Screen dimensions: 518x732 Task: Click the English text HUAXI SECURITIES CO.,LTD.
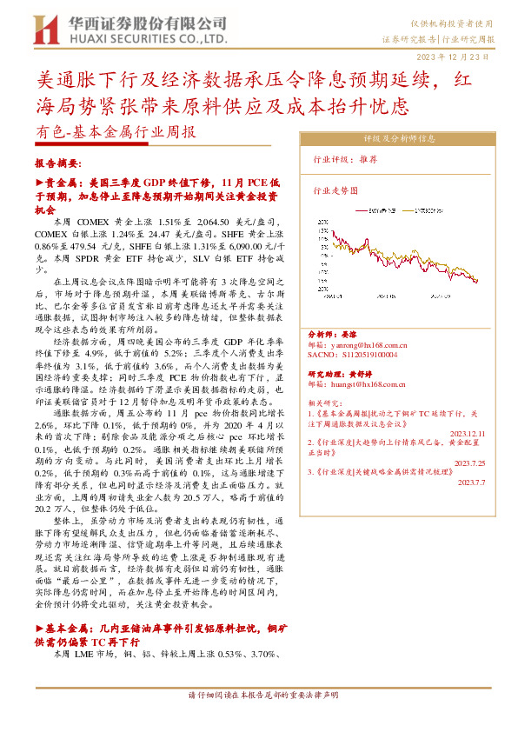(x=145, y=39)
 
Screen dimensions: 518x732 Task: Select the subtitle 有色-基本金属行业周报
(x=117, y=133)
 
